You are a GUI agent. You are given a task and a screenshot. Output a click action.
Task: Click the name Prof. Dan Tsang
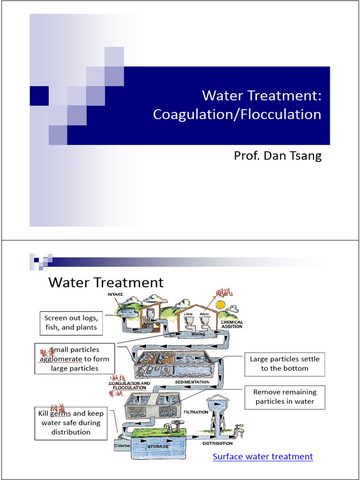click(x=277, y=156)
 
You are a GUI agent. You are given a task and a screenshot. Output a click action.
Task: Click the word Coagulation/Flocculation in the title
click(x=237, y=114)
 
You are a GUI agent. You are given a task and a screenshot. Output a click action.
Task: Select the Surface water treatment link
click(x=262, y=457)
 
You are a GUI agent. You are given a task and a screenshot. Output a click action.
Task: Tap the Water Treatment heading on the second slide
click(x=106, y=283)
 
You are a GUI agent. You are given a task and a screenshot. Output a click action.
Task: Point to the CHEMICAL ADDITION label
click(x=232, y=325)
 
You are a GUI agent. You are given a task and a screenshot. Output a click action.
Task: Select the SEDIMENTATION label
click(x=192, y=382)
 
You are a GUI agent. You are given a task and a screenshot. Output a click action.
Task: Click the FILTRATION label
click(x=196, y=412)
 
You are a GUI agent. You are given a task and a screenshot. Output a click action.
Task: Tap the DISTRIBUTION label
click(x=217, y=443)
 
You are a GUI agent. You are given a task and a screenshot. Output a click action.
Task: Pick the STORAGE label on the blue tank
click(x=158, y=446)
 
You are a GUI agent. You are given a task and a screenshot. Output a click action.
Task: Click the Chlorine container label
click(x=122, y=446)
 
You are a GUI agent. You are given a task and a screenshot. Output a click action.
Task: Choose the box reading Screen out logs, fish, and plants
click(x=71, y=322)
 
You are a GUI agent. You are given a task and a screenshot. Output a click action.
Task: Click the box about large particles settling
click(x=285, y=364)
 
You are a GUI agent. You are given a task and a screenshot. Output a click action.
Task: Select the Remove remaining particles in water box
click(x=285, y=397)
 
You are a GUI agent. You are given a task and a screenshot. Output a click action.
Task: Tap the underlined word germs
click(x=60, y=413)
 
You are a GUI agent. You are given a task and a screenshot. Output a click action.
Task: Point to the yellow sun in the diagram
click(x=220, y=305)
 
